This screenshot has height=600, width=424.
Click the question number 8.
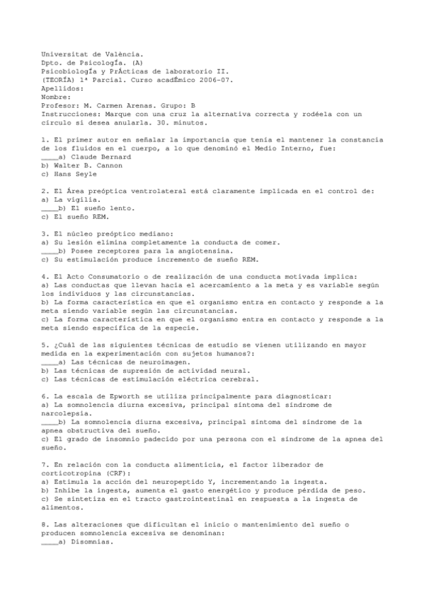click(x=45, y=524)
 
